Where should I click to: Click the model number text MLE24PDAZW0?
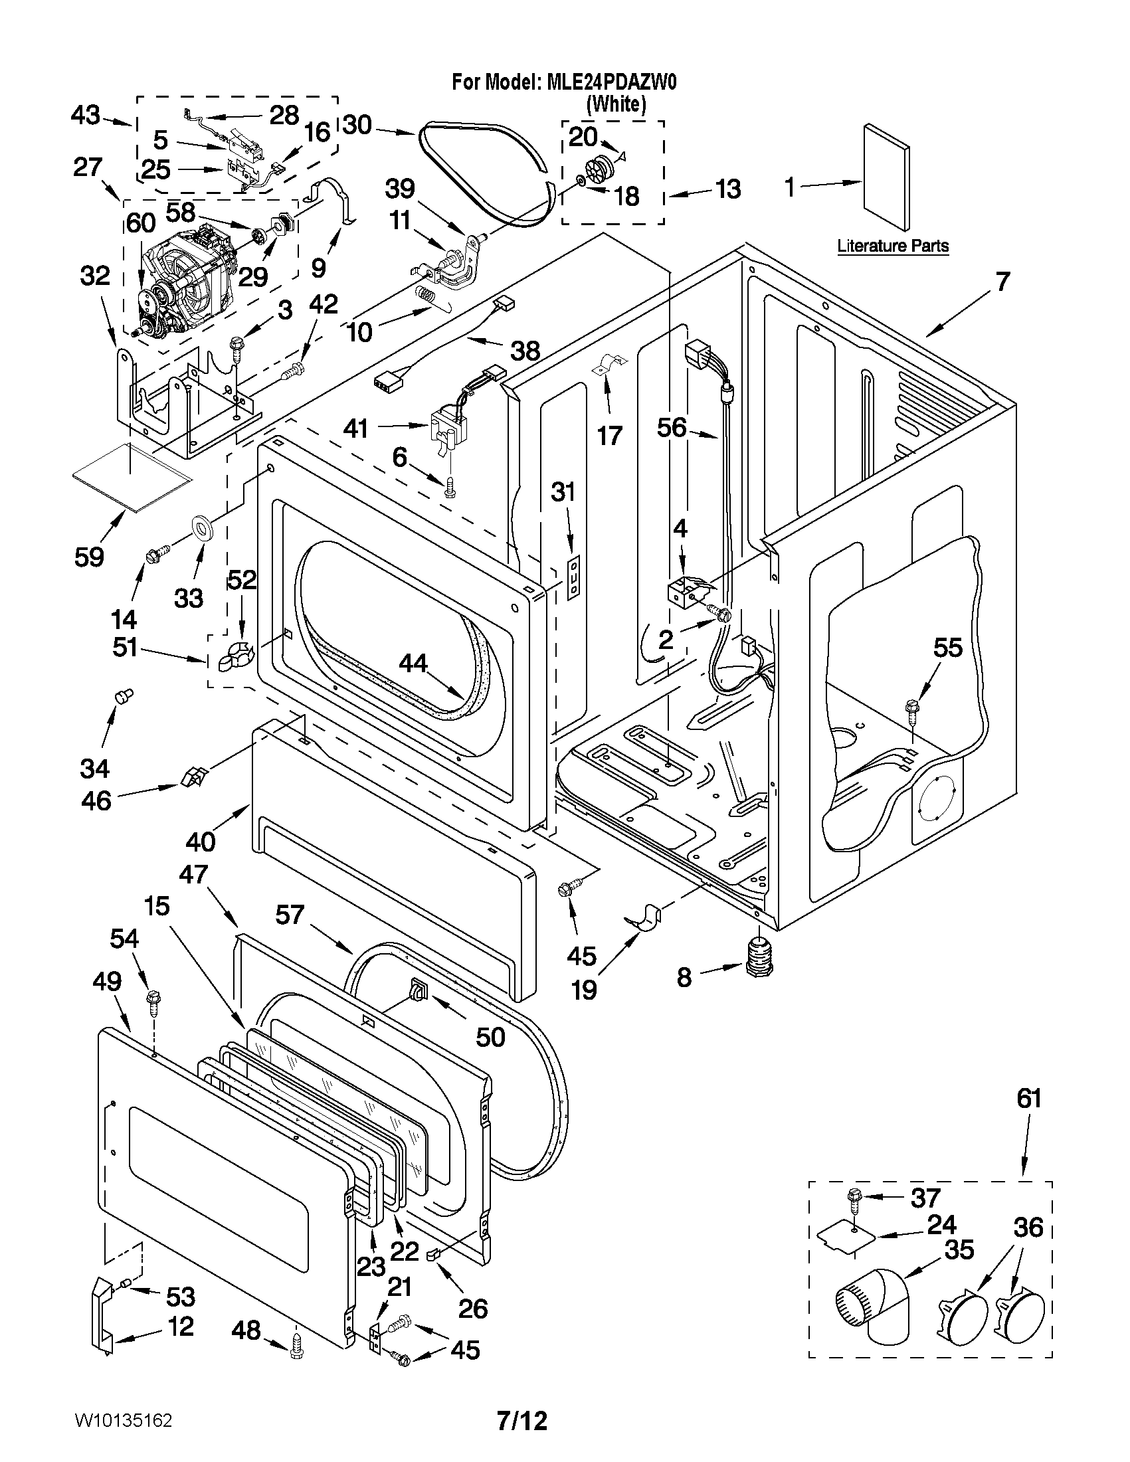[x=611, y=82]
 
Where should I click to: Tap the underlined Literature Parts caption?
[x=892, y=246]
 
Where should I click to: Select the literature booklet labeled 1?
[x=886, y=176]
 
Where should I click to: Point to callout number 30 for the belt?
[x=357, y=124]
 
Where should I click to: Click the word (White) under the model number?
[x=616, y=104]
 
